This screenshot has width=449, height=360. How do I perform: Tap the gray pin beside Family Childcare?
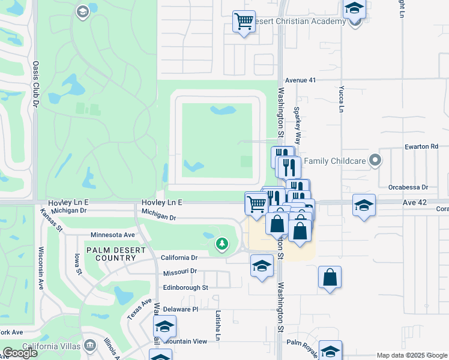click(375, 160)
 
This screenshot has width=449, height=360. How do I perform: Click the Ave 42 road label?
click(414, 203)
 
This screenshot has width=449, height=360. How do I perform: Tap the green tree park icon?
click(222, 244)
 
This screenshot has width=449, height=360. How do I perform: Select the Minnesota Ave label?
click(113, 235)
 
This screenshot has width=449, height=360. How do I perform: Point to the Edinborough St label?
click(185, 287)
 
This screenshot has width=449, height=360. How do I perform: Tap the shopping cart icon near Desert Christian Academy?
click(244, 21)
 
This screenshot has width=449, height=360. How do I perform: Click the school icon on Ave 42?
click(364, 205)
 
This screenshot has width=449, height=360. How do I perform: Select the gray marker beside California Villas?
click(90, 346)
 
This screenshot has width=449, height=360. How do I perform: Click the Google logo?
click(20, 353)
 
